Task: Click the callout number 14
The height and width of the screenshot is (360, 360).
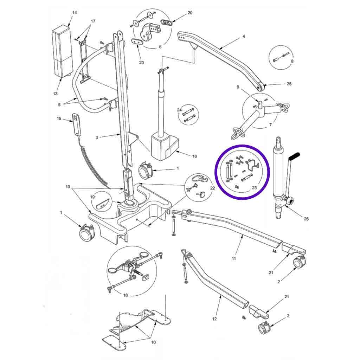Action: [x=75, y=13]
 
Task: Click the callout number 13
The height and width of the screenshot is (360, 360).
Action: [x=55, y=94]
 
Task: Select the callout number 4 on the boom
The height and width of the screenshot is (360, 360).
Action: [x=244, y=36]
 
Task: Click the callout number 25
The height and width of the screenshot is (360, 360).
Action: [x=289, y=84]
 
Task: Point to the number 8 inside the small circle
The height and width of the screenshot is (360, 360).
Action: [x=292, y=61]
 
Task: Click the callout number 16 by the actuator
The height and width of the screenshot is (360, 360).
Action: [x=194, y=156]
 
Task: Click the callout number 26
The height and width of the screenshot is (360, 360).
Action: [x=306, y=219]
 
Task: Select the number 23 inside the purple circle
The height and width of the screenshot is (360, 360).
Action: [x=254, y=188]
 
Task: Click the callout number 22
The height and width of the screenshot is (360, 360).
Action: [x=213, y=188]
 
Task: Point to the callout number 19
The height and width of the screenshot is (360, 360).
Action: [x=92, y=197]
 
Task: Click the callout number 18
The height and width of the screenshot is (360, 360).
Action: [x=126, y=295]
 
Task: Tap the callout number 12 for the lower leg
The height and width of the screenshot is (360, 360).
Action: [x=214, y=319]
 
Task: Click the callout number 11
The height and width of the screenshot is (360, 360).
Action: [x=234, y=258]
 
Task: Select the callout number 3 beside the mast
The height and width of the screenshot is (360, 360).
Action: [x=97, y=137]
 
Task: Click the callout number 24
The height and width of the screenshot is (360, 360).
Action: [x=179, y=110]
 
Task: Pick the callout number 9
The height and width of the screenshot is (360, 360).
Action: [x=238, y=87]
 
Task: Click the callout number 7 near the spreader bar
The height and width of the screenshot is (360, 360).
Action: [x=270, y=125]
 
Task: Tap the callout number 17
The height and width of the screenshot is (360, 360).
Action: [x=93, y=21]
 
